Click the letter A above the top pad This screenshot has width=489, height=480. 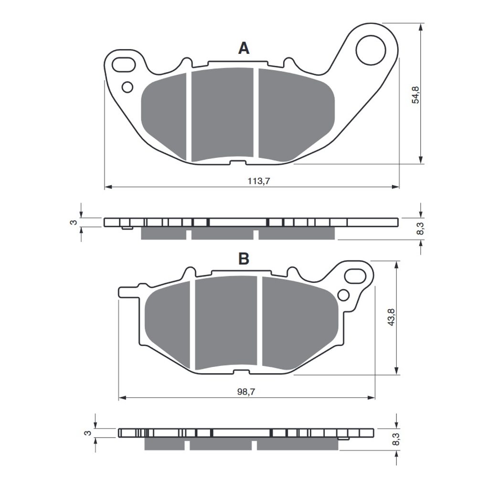244,48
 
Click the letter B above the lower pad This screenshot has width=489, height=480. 244,259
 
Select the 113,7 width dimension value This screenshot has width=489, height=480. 258,181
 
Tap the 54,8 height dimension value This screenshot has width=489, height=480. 416,95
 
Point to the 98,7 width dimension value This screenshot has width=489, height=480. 246,392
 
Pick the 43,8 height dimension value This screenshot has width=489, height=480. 391,317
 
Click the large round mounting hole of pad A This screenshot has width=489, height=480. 371,51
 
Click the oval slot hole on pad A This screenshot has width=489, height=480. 124,65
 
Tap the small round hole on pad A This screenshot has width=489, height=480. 128,87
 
